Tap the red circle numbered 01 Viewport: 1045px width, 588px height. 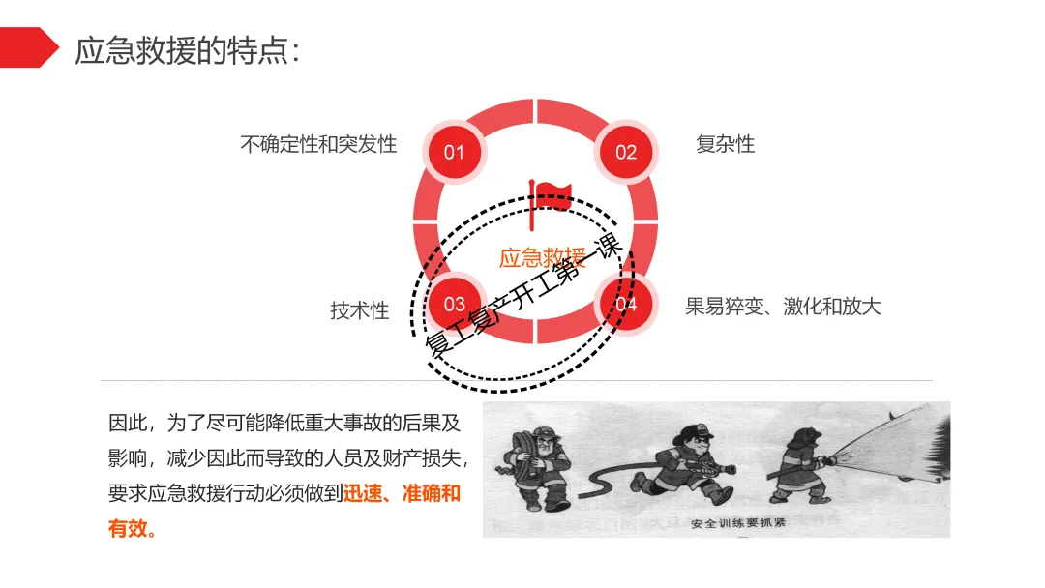click(x=454, y=152)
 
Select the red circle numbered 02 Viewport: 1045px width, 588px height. click(x=626, y=152)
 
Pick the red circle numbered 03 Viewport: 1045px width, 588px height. click(x=454, y=305)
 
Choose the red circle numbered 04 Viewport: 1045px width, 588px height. click(x=626, y=305)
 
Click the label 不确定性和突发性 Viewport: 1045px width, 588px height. click(x=318, y=144)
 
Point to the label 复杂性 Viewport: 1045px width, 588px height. click(x=725, y=144)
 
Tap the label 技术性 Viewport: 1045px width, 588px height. click(x=359, y=310)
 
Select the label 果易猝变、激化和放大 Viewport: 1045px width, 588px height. click(x=783, y=307)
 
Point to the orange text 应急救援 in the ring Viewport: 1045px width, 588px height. click(x=542, y=257)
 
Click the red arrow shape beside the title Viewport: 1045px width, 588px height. click(x=29, y=47)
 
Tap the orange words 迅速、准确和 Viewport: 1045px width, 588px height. click(x=402, y=493)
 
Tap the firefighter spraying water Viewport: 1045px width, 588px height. click(x=795, y=462)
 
